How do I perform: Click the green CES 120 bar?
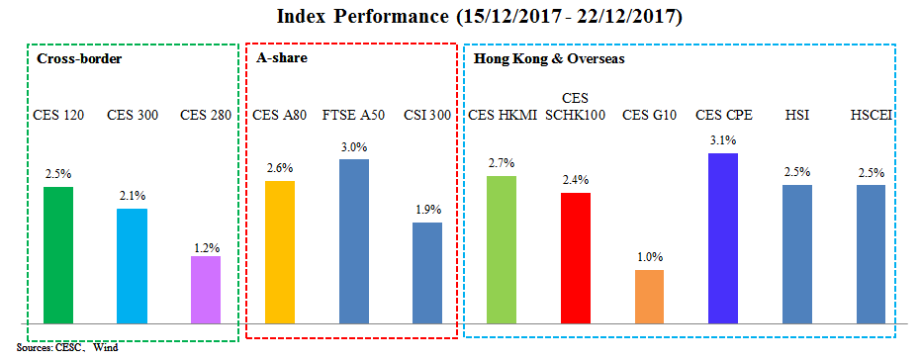(58, 255)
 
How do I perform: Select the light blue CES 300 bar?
(132, 266)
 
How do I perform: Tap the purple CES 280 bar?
(205, 290)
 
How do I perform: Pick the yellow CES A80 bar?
(280, 252)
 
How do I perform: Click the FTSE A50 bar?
(353, 241)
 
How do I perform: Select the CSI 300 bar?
(426, 273)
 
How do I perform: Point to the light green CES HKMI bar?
(502, 250)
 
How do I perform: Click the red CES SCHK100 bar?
(575, 258)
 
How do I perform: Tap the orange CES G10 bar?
(649, 297)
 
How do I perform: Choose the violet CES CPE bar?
(723, 238)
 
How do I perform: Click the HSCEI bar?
(871, 254)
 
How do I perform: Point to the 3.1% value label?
(723, 140)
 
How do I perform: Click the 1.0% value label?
(649, 257)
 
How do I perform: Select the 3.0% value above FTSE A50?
(353, 146)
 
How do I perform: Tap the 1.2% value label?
(205, 244)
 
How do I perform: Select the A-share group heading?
(282, 58)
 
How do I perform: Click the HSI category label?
(796, 115)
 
